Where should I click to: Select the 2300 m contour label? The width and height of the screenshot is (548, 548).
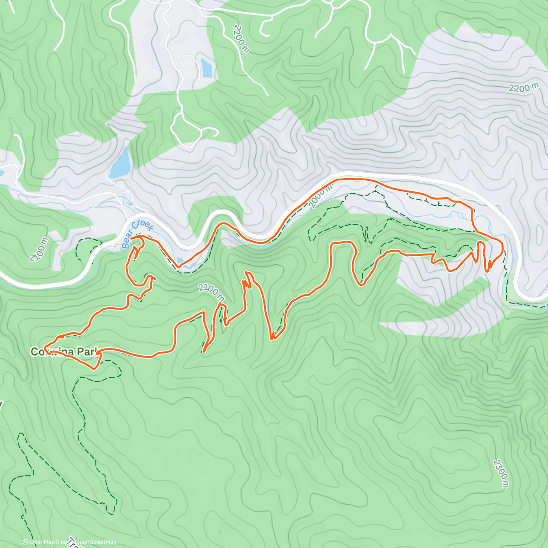pyautogui.click(x=500, y=474)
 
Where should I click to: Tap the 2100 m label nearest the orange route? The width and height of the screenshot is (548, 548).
pyautogui.click(x=211, y=292)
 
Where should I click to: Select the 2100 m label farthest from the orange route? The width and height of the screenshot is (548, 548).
pyautogui.click(x=38, y=249)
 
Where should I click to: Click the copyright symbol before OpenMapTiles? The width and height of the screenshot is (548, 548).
pyautogui.click(x=25, y=542)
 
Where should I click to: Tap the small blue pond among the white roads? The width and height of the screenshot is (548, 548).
pyautogui.click(x=206, y=68)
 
